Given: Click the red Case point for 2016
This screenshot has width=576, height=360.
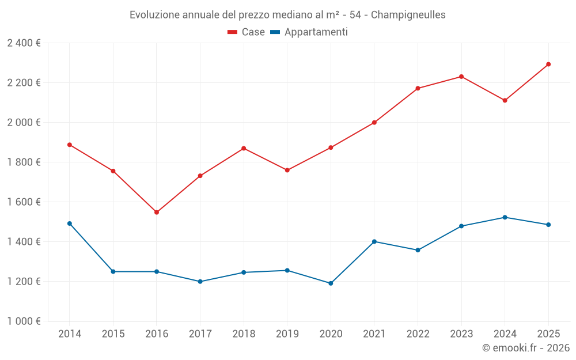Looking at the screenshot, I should click(157, 213).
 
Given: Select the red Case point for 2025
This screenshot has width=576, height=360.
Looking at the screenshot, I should click(548, 65).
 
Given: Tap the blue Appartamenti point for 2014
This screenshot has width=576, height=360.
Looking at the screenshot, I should click(70, 223).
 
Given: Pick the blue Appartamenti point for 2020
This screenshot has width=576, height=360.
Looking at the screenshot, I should click(331, 283).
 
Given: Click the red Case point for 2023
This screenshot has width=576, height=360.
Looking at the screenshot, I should click(461, 77).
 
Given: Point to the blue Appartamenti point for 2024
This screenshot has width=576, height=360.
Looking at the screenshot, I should click(505, 217).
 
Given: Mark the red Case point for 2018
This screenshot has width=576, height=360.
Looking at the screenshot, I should click(244, 149).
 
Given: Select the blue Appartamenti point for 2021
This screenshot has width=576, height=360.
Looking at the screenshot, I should click(374, 241).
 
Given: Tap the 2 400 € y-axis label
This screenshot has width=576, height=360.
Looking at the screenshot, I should click(24, 43).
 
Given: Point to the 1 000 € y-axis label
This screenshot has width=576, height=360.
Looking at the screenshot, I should click(24, 321).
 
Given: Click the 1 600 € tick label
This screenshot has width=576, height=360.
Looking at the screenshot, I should click(24, 202).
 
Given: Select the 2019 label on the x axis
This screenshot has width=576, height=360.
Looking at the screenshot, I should click(287, 334).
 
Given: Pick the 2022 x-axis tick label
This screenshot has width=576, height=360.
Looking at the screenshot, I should click(418, 334).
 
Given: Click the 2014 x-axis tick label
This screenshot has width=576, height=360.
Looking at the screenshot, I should click(70, 334).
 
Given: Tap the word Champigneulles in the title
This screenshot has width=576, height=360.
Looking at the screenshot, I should click(408, 15).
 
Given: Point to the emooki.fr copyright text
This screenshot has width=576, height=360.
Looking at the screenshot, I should click(525, 348).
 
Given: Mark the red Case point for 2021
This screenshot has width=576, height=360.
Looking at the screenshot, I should click(374, 123).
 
